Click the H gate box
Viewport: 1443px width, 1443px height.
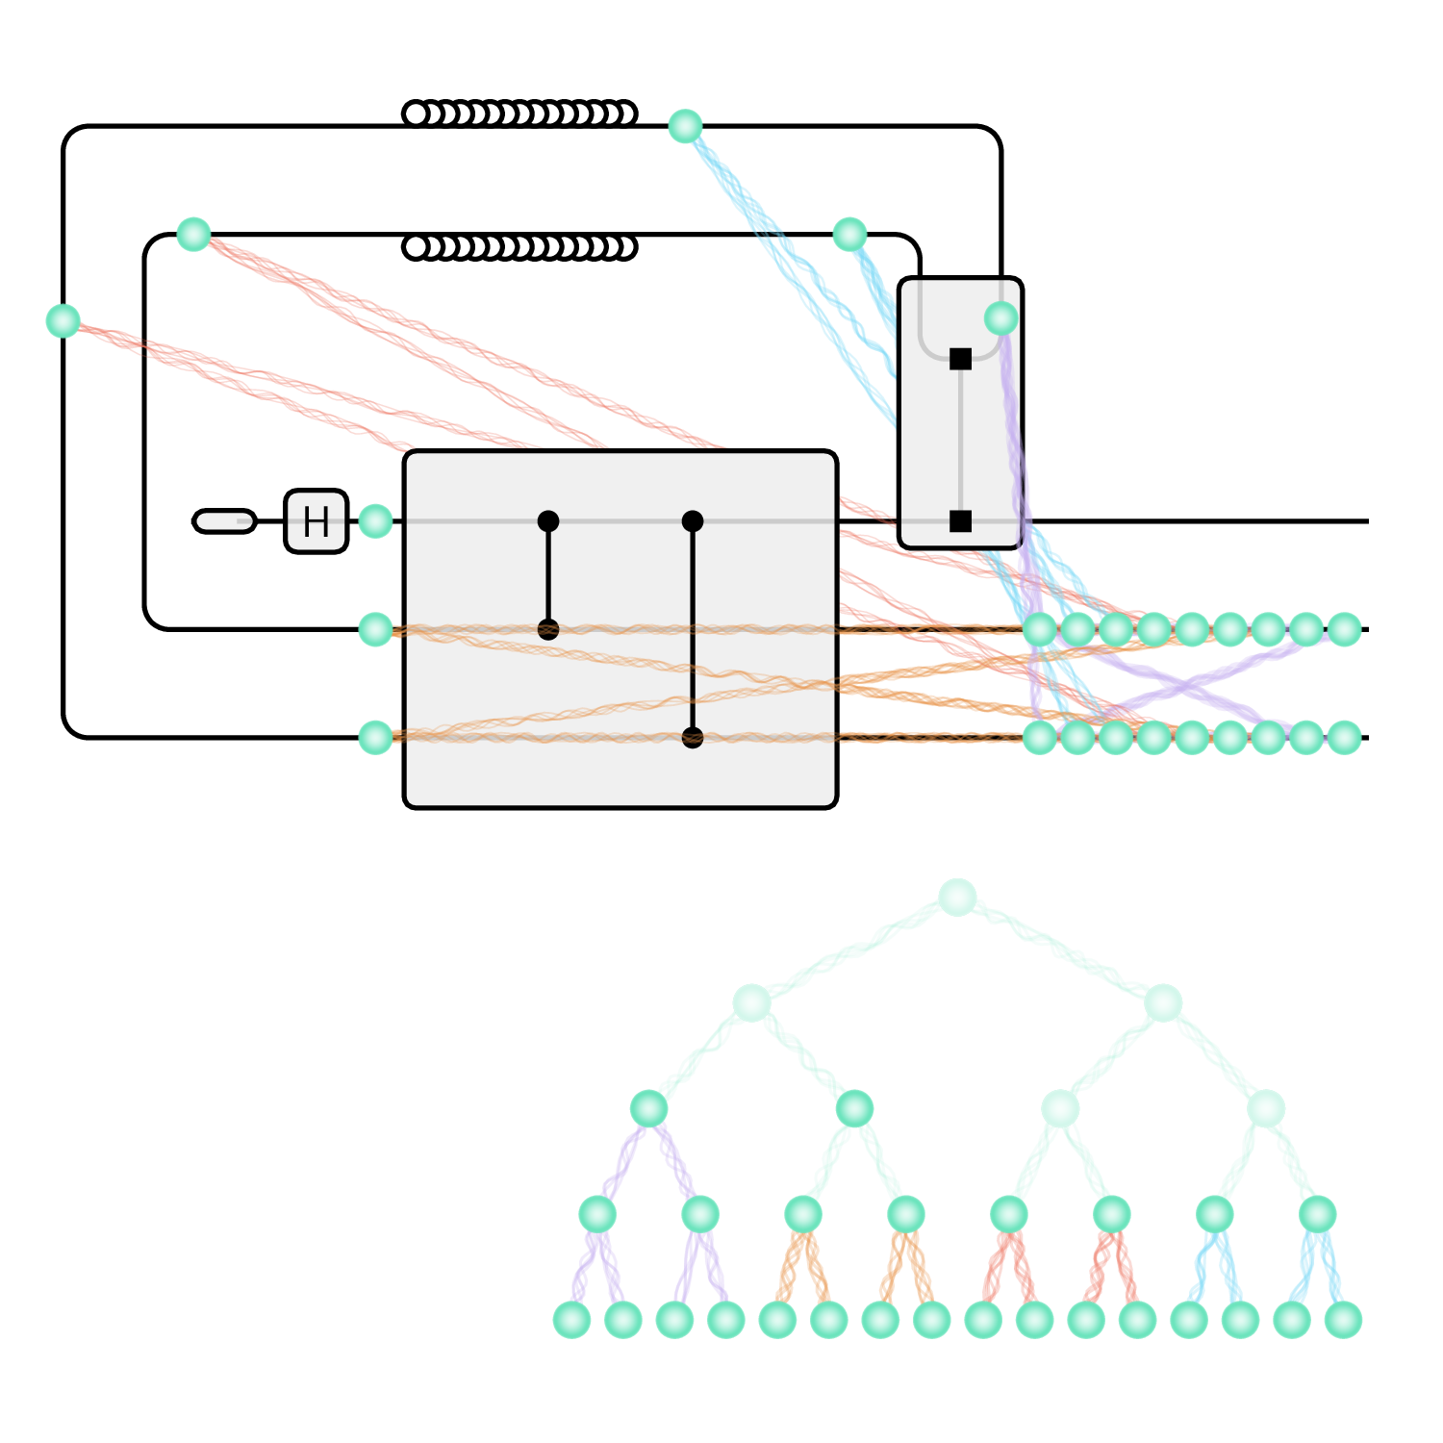click(316, 521)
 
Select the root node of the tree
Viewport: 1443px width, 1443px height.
click(957, 897)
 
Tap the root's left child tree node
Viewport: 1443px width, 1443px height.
click(751, 1002)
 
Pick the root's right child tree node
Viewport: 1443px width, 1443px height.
click(1163, 1002)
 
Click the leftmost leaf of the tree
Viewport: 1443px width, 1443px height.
click(571, 1319)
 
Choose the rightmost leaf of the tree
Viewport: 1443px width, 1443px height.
click(1343, 1319)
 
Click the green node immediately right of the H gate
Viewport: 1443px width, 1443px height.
click(375, 521)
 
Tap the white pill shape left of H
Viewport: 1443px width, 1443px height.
click(224, 521)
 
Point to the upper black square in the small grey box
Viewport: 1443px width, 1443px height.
click(960, 359)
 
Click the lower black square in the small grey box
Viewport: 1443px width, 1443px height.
click(960, 521)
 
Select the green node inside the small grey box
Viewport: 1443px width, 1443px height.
click(1000, 318)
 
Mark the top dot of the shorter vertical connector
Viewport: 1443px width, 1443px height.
click(548, 521)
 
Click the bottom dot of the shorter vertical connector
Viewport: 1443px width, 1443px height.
click(548, 630)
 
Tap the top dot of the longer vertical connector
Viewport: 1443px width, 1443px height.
click(693, 521)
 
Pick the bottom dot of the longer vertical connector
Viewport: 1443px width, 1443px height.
click(693, 738)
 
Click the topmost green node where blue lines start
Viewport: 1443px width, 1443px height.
click(685, 126)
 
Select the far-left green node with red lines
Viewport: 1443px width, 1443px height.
click(63, 320)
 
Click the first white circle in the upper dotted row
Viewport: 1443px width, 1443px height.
click(416, 114)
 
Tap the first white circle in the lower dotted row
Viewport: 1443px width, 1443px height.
click(416, 247)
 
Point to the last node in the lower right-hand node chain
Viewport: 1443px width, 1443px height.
click(1344, 738)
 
